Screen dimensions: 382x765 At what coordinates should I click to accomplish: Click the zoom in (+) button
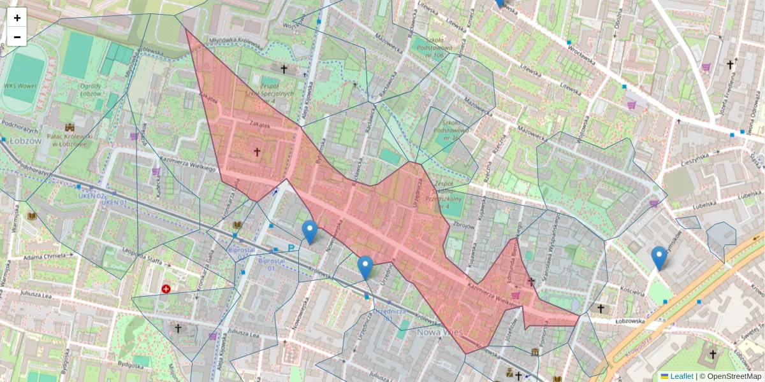(17, 18)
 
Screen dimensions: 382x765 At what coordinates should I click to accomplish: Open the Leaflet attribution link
(681, 376)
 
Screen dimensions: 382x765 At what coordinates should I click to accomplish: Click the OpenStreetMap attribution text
(730, 376)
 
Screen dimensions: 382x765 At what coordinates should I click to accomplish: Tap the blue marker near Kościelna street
(659, 258)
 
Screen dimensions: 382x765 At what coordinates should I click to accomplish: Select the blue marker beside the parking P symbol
(310, 232)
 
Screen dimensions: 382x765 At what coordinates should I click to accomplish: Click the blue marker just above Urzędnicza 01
(365, 267)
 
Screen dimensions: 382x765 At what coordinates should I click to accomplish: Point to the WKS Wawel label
(18, 85)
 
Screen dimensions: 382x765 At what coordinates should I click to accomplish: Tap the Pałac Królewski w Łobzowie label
(69, 139)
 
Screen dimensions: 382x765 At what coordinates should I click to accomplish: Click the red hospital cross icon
(166, 289)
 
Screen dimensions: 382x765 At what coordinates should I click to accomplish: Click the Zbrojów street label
(463, 225)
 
